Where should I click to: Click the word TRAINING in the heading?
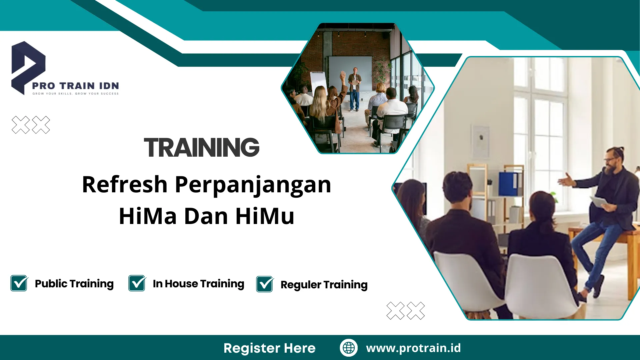[x=202, y=147]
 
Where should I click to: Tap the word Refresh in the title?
[x=125, y=184]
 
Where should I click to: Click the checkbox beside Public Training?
[x=19, y=284]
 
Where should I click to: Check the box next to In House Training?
[x=137, y=284]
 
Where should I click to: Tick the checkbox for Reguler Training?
[x=265, y=284]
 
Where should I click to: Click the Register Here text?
[x=269, y=348]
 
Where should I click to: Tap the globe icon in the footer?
[x=349, y=348]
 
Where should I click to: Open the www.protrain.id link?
[x=413, y=348]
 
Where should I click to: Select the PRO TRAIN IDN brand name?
[x=75, y=86]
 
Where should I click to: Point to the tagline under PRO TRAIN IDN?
[x=75, y=94]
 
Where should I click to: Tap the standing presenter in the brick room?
[x=354, y=88]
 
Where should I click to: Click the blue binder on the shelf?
[x=509, y=184]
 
